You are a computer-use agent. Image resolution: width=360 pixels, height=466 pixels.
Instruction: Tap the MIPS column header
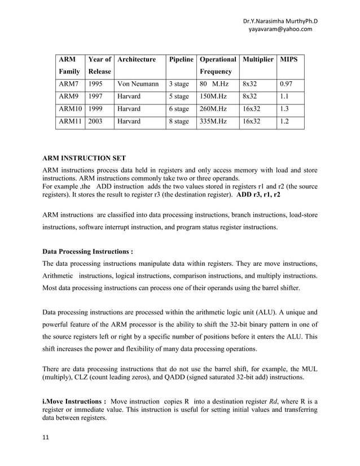pos(290,59)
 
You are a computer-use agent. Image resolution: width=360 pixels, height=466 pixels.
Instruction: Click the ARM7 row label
pos(68,84)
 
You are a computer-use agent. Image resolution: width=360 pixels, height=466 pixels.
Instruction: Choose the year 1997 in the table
pos(95,96)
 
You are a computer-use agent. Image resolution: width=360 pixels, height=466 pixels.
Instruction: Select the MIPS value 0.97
pos(287,84)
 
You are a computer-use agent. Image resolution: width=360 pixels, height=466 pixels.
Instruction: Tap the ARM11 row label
pos(69,121)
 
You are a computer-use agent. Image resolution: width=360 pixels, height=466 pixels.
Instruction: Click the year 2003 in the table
pos(95,121)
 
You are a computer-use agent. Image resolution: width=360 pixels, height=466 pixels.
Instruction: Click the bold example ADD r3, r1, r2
pos(258,194)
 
